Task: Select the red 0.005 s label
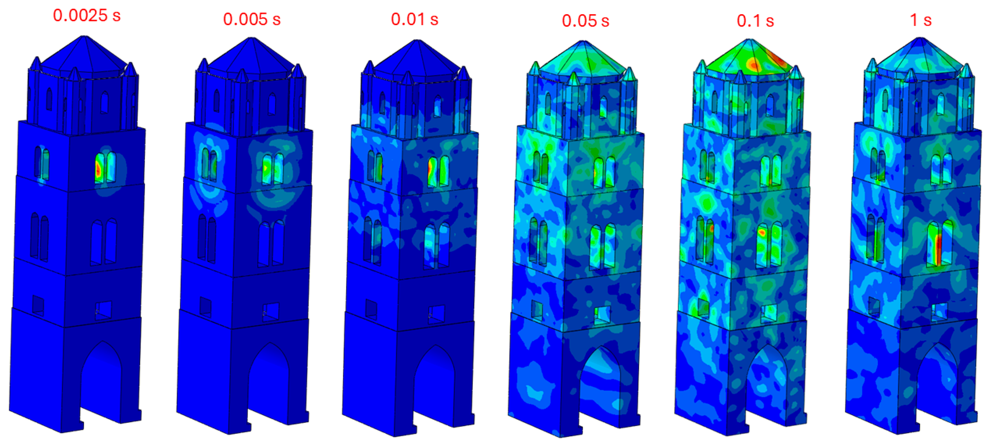click(x=252, y=19)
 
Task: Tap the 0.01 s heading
click(x=415, y=19)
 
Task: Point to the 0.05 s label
click(x=585, y=21)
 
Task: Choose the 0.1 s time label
click(x=755, y=21)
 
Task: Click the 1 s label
click(x=921, y=20)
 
